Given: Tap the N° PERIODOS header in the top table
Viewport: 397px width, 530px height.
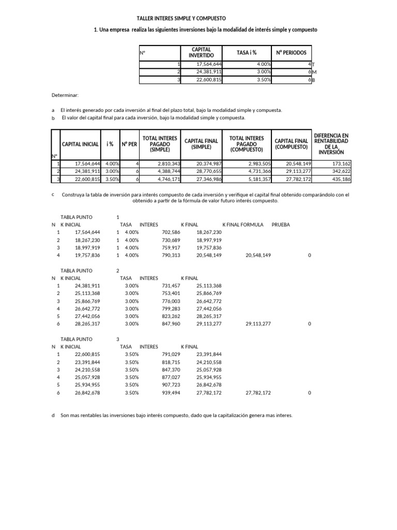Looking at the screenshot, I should point(291,53).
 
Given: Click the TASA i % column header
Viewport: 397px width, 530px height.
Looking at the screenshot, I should point(247,53).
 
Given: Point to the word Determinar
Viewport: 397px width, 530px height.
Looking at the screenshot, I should point(65,96).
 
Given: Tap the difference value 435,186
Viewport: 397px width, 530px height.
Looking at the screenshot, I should point(339,179).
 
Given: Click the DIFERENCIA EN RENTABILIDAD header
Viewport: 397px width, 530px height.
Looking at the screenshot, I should point(331,143).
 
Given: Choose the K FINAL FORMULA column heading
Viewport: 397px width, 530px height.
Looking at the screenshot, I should point(242,225).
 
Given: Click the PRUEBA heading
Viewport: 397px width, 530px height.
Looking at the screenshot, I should point(281,225).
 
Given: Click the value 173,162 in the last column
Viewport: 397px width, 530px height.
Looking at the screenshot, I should point(339,164).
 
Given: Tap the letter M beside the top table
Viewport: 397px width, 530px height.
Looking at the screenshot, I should point(314,72).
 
